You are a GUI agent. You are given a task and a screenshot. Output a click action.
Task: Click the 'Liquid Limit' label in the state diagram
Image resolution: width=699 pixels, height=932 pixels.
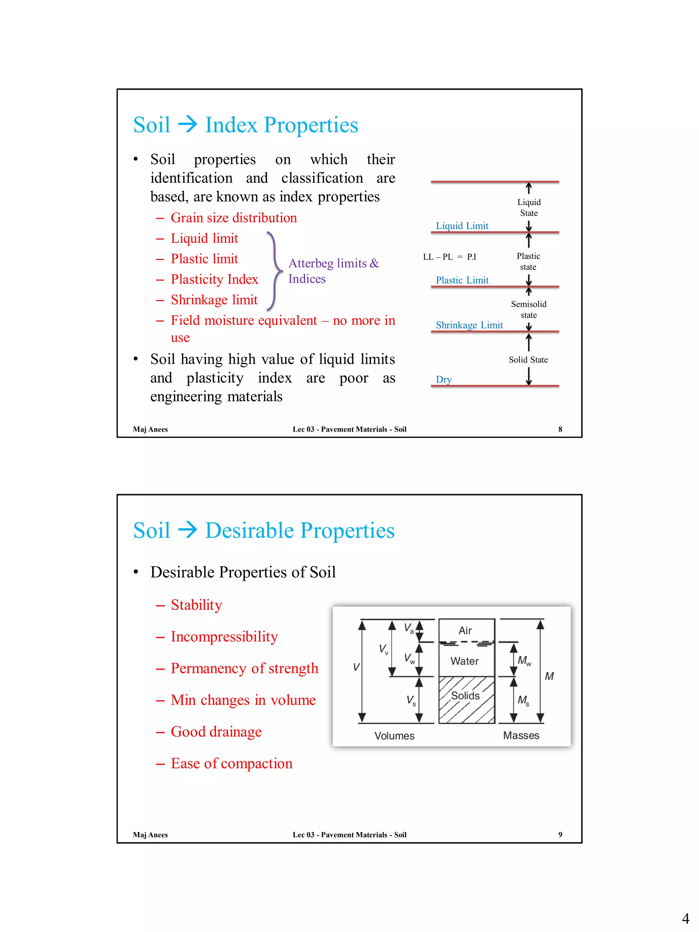pos(462,226)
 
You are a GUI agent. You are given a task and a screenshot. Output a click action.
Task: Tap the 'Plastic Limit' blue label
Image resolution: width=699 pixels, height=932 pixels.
pos(462,280)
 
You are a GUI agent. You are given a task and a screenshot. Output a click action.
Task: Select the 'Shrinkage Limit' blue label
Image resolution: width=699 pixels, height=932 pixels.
pos(469,325)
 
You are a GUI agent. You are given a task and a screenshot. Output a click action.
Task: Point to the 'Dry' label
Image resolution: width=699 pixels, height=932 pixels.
pos(443,379)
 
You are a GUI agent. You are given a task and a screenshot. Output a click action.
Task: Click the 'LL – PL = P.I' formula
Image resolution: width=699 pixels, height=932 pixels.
pos(449,257)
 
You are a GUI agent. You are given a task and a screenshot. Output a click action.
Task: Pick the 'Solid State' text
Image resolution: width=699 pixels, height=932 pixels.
pos(528,359)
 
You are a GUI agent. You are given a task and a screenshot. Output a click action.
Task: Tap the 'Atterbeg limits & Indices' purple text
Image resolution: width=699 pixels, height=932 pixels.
pos(333,271)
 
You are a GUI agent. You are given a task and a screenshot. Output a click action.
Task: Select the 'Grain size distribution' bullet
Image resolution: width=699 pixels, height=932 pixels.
pos(233,218)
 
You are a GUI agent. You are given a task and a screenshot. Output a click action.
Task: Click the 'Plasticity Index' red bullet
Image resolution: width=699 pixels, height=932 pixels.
pos(214,279)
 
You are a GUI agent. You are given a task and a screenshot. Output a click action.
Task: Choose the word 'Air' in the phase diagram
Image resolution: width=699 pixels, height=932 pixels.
pos(465,630)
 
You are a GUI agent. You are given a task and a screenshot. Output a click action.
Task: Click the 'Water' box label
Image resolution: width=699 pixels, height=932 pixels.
pos(464,661)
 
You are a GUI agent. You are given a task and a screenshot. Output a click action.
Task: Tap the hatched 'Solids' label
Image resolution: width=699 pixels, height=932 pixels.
pos(465,696)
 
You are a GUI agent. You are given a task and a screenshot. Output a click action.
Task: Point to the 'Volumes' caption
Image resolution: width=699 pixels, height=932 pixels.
pos(394,736)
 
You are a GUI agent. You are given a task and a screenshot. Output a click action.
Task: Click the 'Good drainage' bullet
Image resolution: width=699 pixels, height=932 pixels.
pos(216,732)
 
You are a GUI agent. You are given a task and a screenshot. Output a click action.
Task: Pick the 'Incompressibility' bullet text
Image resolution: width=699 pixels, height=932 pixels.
pos(224,637)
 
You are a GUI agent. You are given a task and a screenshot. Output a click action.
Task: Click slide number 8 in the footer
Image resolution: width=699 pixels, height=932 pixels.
pos(560,429)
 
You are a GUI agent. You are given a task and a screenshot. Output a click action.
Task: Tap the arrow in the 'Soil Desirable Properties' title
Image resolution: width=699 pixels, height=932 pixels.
pos(187,530)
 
